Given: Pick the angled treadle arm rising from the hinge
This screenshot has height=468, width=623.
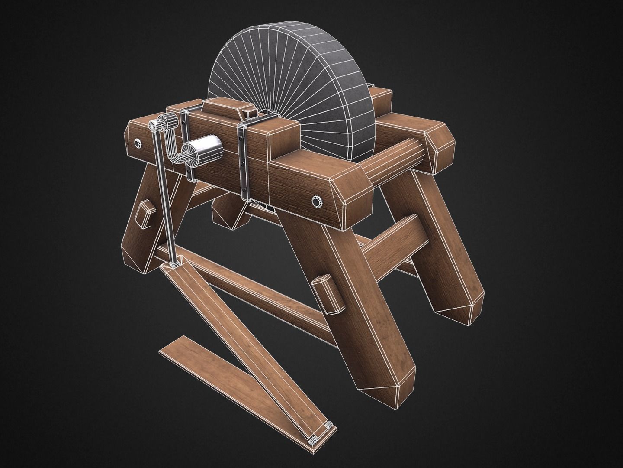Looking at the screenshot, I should [x=242, y=347].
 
